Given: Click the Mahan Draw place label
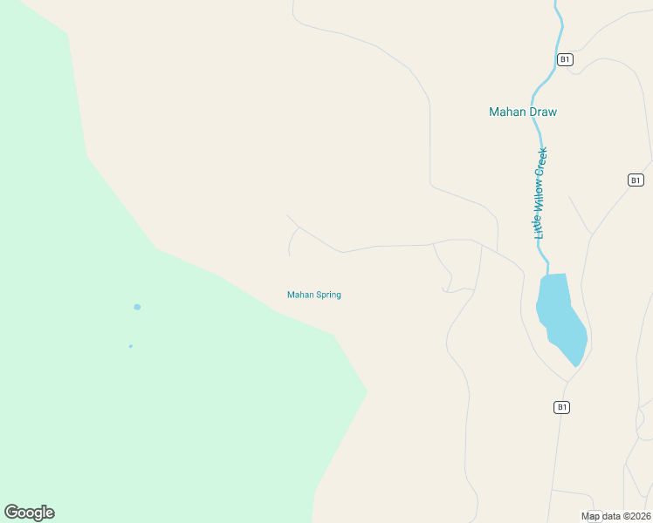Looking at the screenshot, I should click(522, 112).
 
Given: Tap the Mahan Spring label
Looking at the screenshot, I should click(313, 295).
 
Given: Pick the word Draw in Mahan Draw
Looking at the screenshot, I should click(542, 112).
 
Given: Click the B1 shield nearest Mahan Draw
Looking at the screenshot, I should click(565, 59).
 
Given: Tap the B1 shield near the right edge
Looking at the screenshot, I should click(636, 180).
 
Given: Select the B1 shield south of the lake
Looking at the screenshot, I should click(561, 407).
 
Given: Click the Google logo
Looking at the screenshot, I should click(29, 513).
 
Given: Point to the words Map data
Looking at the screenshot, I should click(602, 516).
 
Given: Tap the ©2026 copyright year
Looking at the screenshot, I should click(636, 516).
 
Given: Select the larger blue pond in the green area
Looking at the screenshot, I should click(137, 307).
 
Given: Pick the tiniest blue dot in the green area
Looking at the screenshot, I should click(131, 346).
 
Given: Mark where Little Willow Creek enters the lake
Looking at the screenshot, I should click(548, 275).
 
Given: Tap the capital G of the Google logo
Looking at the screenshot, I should click(12, 513).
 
